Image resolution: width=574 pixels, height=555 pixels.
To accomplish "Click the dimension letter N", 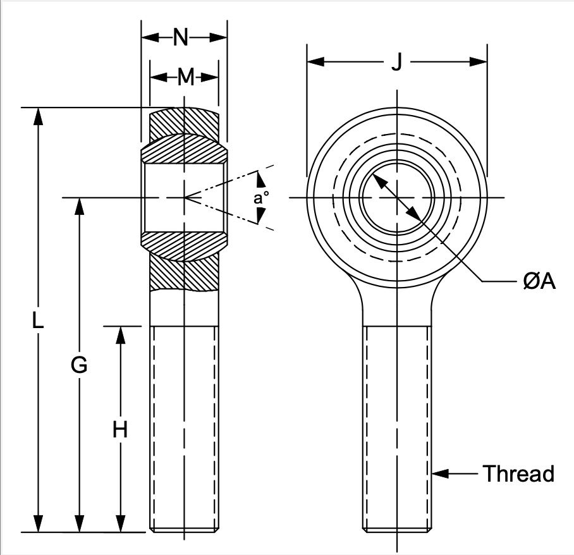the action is [180, 37].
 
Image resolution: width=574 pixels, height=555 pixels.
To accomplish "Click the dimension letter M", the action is [186, 77].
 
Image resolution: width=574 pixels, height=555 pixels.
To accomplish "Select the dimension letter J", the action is [397, 61].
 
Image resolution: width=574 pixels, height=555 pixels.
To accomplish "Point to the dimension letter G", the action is [79, 365].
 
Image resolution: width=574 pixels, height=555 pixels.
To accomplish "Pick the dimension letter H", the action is [120, 429].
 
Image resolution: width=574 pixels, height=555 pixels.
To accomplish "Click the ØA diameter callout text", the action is [539, 281].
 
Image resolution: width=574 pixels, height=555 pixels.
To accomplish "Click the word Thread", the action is [518, 473].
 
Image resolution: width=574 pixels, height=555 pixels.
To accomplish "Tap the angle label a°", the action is [261, 198].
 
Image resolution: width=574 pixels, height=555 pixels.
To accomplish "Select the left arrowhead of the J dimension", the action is [315, 61].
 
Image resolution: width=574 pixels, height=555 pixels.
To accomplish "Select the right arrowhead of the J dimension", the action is [478, 61].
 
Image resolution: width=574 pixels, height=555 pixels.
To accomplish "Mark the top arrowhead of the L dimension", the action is [38, 116].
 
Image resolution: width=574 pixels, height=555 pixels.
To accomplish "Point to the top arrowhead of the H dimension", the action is [121, 335].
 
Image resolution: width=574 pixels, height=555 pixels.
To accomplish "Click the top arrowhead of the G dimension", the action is [79, 207].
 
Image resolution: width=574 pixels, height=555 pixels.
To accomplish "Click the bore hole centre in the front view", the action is [397, 198].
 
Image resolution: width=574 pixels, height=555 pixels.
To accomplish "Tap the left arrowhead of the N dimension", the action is [150, 37].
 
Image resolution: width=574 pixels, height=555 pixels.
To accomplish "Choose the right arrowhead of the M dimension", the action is [210, 77].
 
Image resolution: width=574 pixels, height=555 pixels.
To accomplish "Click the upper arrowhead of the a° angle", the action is [260, 180].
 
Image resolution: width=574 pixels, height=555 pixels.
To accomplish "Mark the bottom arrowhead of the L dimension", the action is [38, 523].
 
